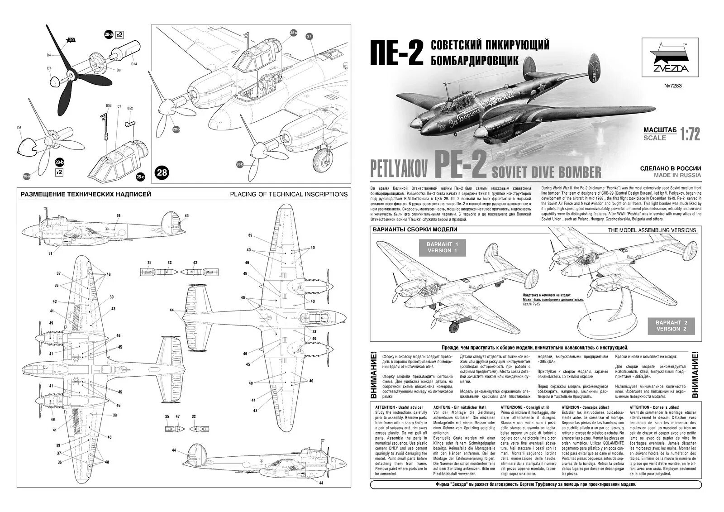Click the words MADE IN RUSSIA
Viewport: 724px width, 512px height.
click(x=677, y=175)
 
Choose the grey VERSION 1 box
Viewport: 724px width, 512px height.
click(x=440, y=247)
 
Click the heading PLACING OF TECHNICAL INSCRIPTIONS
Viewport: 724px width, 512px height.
click(x=289, y=194)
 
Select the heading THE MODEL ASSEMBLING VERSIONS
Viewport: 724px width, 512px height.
click(x=652, y=230)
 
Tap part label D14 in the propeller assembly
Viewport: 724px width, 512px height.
click(x=134, y=64)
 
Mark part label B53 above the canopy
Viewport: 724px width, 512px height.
click(x=109, y=105)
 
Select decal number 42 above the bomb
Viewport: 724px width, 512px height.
click(x=195, y=263)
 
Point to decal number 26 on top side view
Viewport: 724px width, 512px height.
click(x=119, y=215)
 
